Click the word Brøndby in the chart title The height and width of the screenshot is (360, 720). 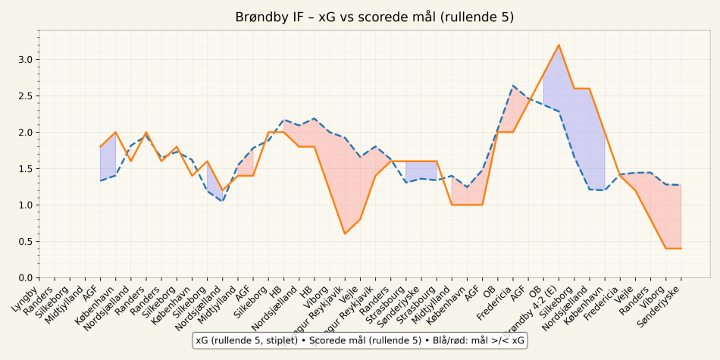261,17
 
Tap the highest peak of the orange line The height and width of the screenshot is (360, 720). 559,45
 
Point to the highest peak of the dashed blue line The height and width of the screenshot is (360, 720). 513,86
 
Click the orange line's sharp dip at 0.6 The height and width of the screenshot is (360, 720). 345,233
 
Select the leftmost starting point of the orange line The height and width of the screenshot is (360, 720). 100,147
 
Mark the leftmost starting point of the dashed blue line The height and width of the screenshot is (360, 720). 100,180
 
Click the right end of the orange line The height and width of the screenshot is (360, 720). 681,249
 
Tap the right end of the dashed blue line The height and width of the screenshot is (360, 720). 681,185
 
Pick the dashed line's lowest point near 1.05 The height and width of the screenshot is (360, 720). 222,202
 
